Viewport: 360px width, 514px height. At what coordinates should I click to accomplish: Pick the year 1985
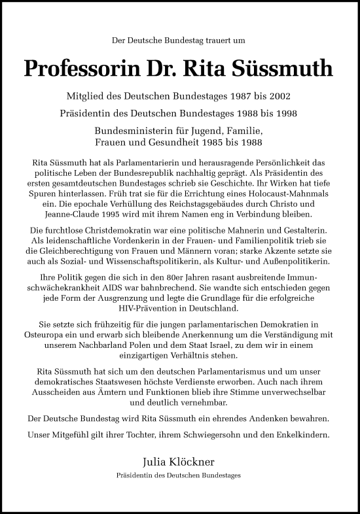coord(219,142)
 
